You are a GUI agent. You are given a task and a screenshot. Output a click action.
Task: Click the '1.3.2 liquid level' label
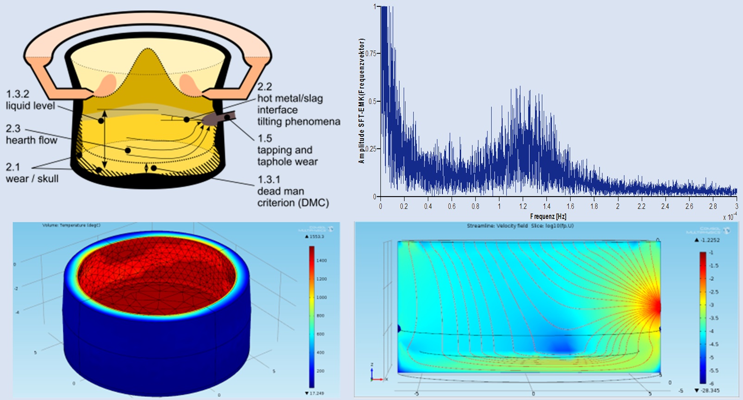pyautogui.click(x=31, y=100)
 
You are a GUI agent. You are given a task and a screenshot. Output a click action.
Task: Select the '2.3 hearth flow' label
pyautogui.click(x=31, y=134)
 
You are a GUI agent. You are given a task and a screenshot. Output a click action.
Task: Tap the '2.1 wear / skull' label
pyautogui.click(x=32, y=172)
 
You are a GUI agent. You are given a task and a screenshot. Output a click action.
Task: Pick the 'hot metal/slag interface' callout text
pyautogui.click(x=290, y=104)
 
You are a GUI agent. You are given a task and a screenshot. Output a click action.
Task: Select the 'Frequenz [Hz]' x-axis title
pyautogui.click(x=548, y=216)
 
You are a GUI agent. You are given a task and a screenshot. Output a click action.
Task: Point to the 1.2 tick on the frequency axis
pyautogui.click(x=523, y=206)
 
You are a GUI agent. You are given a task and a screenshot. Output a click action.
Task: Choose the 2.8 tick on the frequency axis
pyautogui.click(x=713, y=206)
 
